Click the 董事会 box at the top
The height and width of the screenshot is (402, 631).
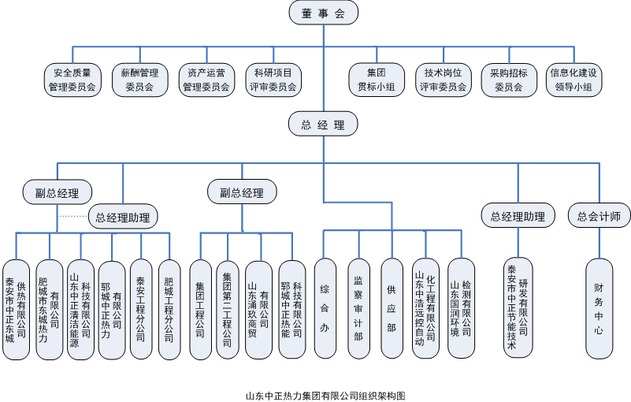323,13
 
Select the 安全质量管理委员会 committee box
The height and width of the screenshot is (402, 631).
72,80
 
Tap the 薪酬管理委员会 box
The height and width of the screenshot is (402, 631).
139,80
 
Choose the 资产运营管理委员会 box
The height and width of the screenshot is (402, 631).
206,80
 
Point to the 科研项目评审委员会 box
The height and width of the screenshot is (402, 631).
273,80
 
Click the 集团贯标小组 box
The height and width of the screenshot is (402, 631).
376,80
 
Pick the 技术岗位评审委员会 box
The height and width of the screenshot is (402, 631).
443,80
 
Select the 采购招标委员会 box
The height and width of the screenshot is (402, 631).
509,80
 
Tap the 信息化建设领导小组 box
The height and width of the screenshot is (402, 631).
573,80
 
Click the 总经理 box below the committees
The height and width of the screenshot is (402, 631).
323,125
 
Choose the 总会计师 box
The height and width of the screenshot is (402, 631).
599,215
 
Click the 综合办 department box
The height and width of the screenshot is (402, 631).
325,307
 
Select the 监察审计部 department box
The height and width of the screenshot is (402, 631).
358,307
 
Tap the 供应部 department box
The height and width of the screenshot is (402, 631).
392,307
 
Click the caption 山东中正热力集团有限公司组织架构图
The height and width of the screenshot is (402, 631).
325,396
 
